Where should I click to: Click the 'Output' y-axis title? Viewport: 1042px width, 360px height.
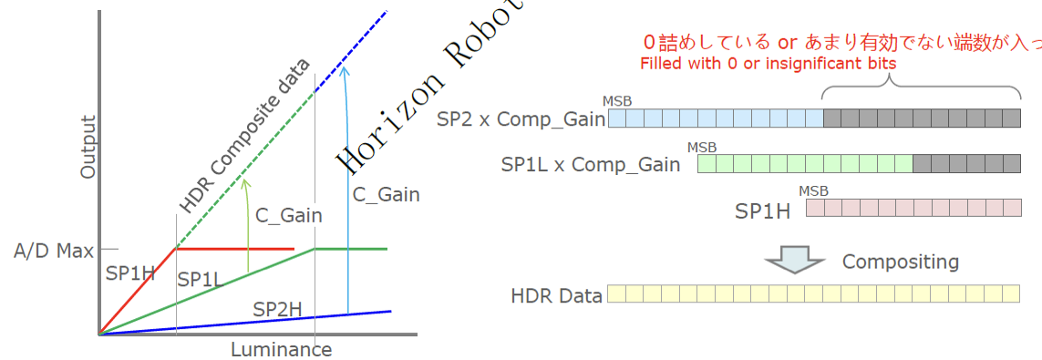pos(88,147)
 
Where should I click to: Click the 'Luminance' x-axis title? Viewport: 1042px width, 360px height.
pos(281,350)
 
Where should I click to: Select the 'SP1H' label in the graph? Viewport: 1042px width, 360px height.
pos(130,273)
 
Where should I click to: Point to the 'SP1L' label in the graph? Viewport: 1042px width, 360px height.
pos(201,280)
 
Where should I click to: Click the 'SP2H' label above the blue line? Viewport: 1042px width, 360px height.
pos(277,310)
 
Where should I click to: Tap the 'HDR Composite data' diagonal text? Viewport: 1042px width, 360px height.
pos(245,134)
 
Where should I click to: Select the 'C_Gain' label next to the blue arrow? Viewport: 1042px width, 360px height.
pos(386,194)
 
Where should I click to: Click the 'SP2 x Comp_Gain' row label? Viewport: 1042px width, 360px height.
pos(521,119)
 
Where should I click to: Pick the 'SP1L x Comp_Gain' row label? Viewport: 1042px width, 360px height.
pos(591,165)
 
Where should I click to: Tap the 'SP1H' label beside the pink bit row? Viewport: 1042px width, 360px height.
pos(762,211)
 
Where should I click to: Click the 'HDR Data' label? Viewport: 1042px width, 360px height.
pos(556,295)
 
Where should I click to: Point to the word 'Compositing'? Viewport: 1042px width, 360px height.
pos(900,262)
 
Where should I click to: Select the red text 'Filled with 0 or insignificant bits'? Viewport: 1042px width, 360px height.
pos(768,64)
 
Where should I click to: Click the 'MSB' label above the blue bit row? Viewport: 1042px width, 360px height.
pos(617,101)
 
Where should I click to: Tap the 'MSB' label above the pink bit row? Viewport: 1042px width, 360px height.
pos(813,190)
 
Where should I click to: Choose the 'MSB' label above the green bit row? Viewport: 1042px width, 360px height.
pos(702,147)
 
